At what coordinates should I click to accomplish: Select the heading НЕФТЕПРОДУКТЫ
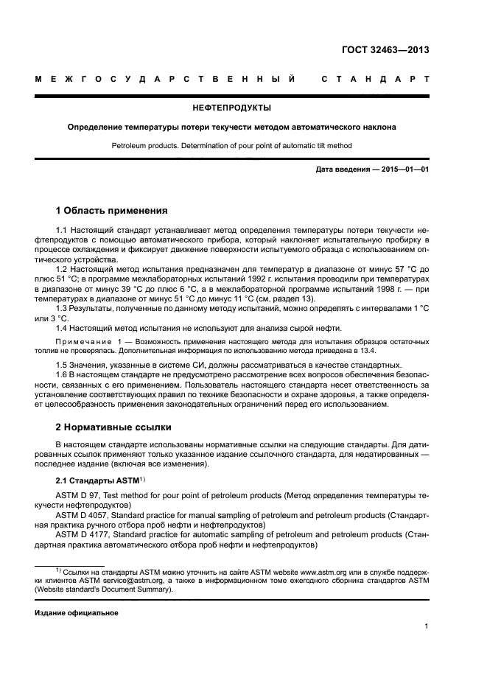[231, 108]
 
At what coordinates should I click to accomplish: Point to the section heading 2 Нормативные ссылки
[113, 427]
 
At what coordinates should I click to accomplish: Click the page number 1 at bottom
[427, 626]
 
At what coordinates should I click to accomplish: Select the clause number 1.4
[63, 327]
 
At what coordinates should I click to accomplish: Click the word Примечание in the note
[82, 343]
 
